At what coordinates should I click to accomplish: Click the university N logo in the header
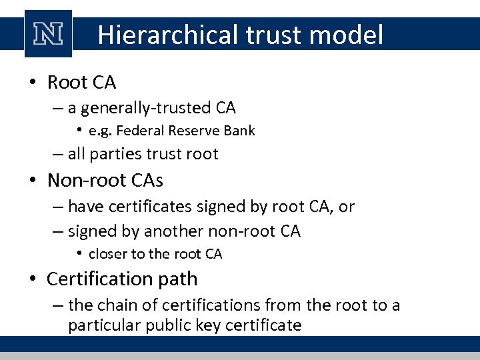pos(48,34)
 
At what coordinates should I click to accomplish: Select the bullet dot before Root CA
pos(33,83)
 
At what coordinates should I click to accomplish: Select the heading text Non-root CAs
pos(105,181)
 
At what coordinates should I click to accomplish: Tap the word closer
pos(107,254)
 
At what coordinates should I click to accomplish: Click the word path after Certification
pos(177,278)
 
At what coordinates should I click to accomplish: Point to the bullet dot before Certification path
pos(33,279)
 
